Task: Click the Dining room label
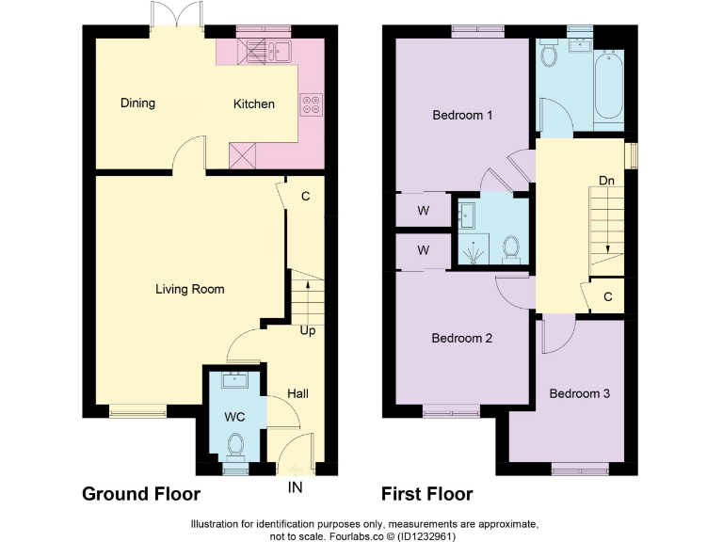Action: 137,104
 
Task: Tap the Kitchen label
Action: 254,104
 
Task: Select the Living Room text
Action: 189,289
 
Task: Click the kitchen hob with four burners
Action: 311,104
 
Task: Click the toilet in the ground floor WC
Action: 235,444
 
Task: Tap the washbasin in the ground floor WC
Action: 234,380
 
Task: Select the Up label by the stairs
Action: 307,331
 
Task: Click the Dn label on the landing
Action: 607,180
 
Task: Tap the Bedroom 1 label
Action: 462,116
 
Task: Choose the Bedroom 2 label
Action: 461,338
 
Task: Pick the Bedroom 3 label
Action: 580,393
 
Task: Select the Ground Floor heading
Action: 141,494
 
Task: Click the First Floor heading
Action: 426,494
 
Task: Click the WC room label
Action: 234,415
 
